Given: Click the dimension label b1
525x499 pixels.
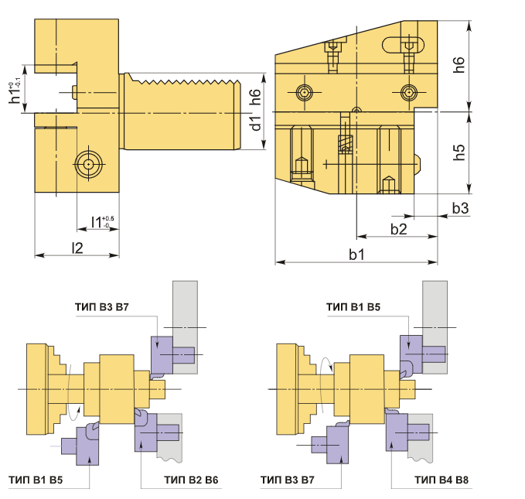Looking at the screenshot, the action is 356,255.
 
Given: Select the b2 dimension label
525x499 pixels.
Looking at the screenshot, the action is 398,229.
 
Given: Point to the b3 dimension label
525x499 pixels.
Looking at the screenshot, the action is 460,208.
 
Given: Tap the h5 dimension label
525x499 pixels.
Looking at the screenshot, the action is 459,152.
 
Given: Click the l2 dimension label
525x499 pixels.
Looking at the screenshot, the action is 77,248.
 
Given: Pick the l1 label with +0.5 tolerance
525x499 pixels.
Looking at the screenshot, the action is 103,222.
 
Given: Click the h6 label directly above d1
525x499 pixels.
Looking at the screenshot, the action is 255,97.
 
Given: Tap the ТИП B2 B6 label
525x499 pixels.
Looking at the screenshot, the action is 191,480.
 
